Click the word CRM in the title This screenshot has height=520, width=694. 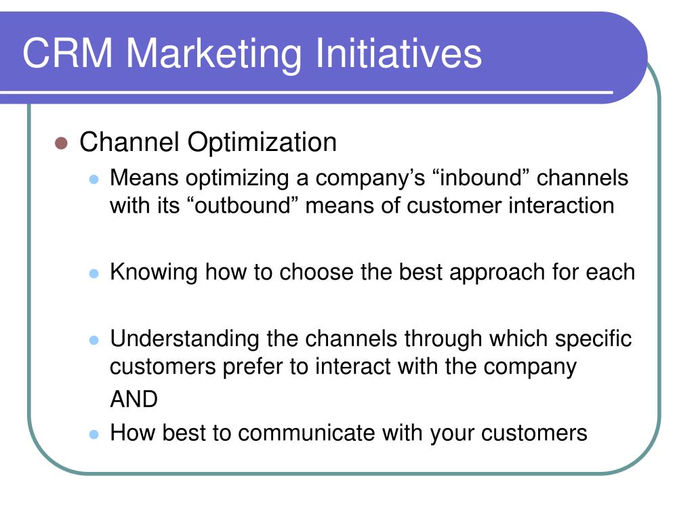68,53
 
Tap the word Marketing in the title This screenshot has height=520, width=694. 214,55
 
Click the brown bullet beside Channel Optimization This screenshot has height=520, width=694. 61,143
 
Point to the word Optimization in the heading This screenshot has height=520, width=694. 262,144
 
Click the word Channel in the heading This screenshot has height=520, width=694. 129,142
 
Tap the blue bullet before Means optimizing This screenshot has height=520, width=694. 94,179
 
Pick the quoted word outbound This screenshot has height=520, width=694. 242,206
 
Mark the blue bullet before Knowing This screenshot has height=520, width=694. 94,274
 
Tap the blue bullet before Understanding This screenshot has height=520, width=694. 94,340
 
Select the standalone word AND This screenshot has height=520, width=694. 134,399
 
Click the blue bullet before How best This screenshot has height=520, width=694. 94,434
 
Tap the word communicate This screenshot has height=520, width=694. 306,433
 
